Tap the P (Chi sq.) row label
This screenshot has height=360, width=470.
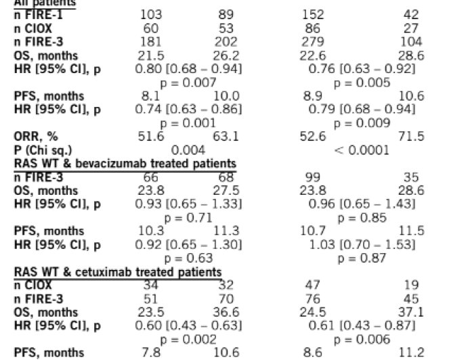45,150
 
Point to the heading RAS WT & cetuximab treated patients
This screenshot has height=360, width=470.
118,272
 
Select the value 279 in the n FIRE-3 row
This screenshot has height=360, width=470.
313,42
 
